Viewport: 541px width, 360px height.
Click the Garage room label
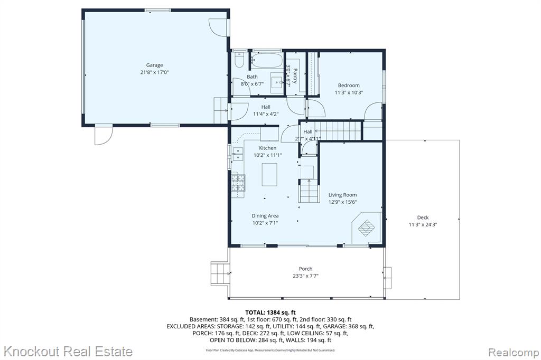coord(154,65)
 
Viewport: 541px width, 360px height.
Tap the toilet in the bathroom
coord(239,60)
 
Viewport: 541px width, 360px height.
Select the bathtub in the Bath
coord(266,60)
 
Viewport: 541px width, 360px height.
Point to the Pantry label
coord(295,76)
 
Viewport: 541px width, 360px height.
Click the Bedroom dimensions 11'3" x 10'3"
coord(349,92)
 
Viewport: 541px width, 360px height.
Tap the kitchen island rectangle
coord(269,175)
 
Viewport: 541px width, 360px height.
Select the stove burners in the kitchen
coord(238,183)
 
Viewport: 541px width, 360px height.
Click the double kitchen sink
coord(238,154)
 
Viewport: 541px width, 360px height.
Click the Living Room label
coord(342,195)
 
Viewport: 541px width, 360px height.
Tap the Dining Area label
coord(265,216)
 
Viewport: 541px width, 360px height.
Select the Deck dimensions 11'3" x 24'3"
coord(423,224)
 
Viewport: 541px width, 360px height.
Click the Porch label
coord(306,269)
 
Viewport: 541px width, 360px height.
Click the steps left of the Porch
coord(220,273)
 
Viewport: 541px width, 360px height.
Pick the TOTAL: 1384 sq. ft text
coord(270,313)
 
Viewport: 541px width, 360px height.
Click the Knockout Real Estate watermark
coord(68,352)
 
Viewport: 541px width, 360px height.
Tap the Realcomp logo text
coord(514,353)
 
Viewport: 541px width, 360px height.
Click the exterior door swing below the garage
coord(103,135)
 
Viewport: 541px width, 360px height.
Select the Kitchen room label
coord(268,148)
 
